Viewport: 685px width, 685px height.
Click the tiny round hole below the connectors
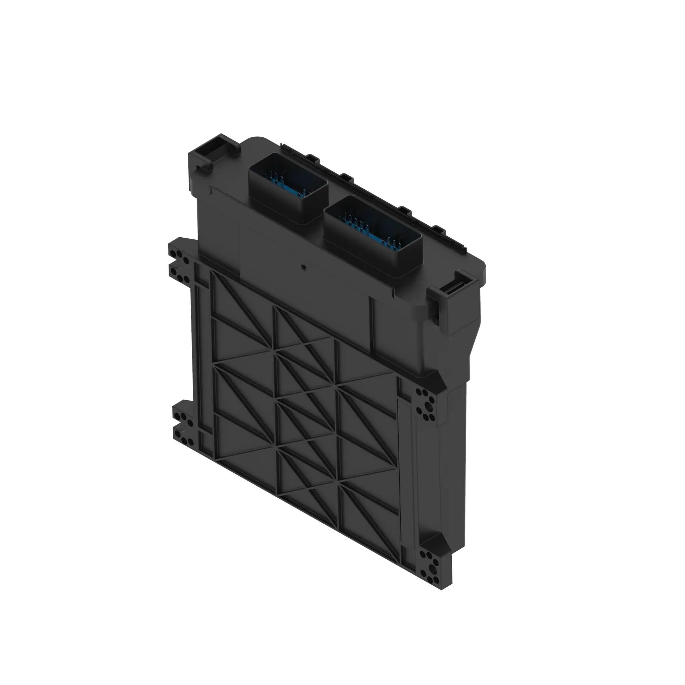(x=303, y=266)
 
